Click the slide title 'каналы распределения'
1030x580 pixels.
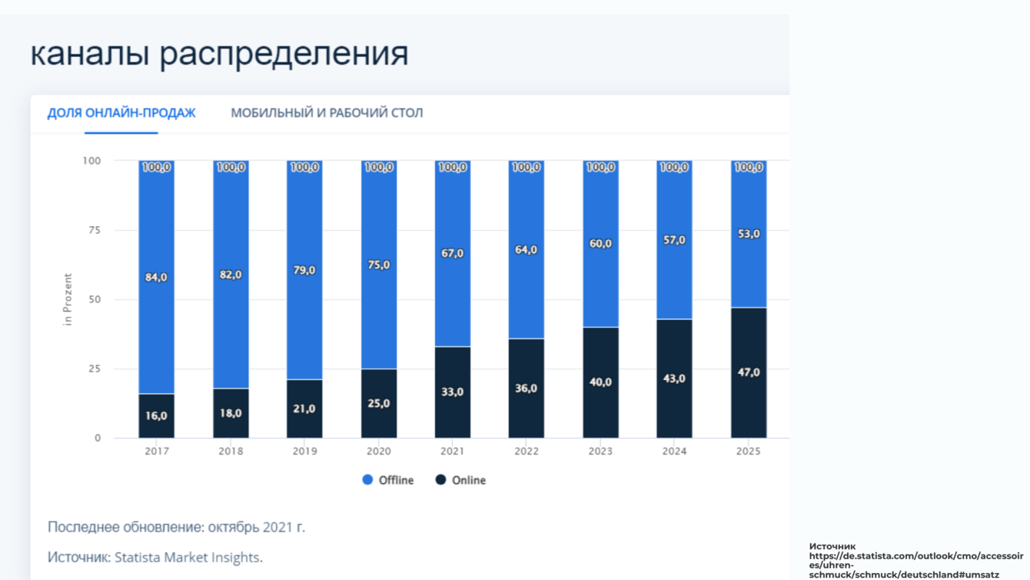click(x=219, y=54)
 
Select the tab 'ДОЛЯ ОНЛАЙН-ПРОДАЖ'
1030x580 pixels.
click(x=121, y=113)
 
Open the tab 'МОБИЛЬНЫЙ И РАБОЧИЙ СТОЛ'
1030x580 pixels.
click(x=327, y=113)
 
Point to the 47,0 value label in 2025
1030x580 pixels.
click(x=748, y=372)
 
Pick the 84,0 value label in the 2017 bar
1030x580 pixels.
click(x=156, y=277)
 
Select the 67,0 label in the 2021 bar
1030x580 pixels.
click(x=452, y=253)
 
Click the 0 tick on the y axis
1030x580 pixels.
click(x=98, y=438)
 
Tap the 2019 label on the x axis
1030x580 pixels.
click(x=304, y=452)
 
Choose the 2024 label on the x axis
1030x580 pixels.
click(x=674, y=452)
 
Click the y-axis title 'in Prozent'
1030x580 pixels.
click(x=68, y=299)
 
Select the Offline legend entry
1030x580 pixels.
click(x=388, y=480)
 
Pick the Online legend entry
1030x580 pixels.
click(x=461, y=480)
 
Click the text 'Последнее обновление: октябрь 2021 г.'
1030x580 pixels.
click(x=176, y=528)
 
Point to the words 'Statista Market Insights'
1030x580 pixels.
click(x=188, y=558)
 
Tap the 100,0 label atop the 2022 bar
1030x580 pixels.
click(x=526, y=167)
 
